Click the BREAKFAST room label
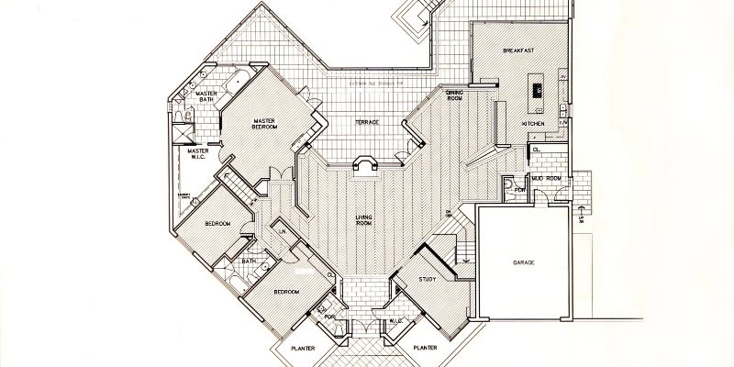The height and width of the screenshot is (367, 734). (518, 50)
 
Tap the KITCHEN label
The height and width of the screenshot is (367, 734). (533, 123)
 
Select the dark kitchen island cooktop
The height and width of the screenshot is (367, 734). (537, 89)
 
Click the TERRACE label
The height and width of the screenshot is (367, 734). (366, 122)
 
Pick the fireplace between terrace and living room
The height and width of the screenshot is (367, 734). (365, 163)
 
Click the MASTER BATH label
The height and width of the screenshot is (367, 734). (206, 95)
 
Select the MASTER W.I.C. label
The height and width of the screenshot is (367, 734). (199, 153)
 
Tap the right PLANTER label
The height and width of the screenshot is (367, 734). (424, 349)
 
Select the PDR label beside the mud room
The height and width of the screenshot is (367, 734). (518, 191)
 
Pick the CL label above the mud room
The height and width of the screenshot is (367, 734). (535, 149)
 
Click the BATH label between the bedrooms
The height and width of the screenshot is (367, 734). (249, 261)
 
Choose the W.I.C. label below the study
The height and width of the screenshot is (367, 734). (396, 321)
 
